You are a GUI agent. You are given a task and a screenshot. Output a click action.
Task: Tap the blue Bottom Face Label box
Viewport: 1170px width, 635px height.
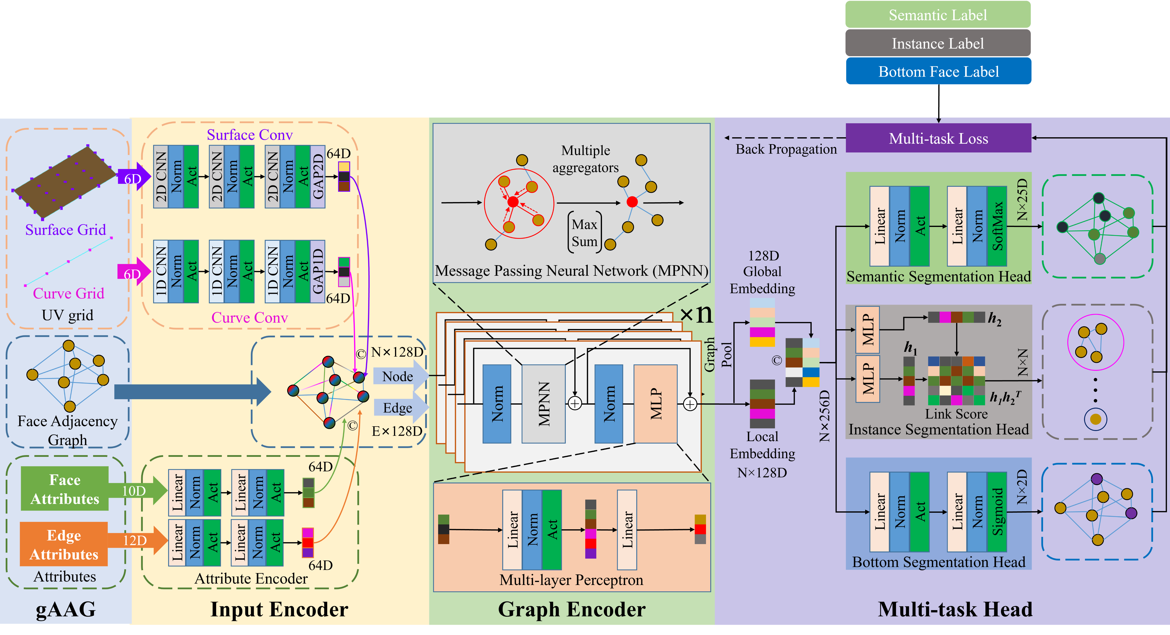point(938,71)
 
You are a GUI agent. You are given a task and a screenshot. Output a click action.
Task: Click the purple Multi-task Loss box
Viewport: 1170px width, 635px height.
point(938,138)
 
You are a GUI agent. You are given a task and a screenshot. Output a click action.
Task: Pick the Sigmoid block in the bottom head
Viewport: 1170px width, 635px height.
point(997,512)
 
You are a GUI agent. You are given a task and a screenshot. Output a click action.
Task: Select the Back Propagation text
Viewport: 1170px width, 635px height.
point(786,149)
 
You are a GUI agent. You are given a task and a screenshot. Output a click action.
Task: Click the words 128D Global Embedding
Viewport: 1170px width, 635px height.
point(763,272)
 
